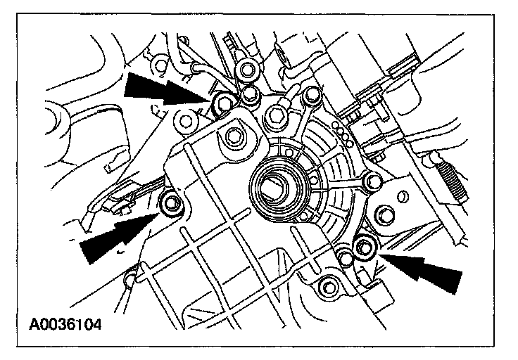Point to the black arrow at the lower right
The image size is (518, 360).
pyautogui.click(x=428, y=272)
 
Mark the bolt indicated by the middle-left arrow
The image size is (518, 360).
pyautogui.click(x=172, y=205)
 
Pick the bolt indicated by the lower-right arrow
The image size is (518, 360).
pyautogui.click(x=364, y=246)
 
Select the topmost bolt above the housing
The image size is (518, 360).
pyautogui.click(x=246, y=69)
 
